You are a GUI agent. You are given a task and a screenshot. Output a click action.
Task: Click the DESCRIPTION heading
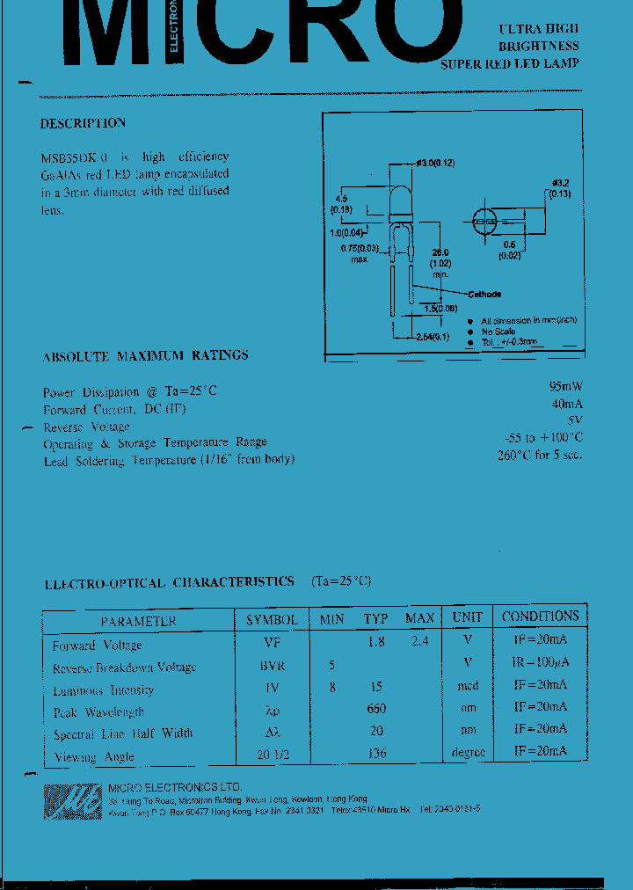point(84,123)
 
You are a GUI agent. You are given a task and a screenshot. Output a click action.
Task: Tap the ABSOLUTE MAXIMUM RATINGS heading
point(145,356)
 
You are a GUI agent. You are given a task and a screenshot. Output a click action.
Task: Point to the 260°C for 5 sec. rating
point(539,455)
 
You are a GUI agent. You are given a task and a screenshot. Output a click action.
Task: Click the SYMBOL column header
point(272,619)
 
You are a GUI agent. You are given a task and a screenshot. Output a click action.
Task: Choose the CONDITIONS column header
point(540,616)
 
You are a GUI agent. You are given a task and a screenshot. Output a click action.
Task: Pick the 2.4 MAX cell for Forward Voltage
point(419,642)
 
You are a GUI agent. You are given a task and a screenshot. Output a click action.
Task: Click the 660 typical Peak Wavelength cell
point(377,709)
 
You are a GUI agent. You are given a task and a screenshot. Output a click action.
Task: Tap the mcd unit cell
point(468,686)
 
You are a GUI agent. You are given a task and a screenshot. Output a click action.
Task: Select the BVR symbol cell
point(273,666)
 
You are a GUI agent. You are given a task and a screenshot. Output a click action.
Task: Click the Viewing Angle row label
point(94,756)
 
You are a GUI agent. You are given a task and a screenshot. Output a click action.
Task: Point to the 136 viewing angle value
point(377,753)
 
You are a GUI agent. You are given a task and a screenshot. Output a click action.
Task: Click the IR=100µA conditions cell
point(540,662)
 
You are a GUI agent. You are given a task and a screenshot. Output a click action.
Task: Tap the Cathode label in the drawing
point(484,294)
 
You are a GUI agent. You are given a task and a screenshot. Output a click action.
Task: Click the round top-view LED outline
point(486,221)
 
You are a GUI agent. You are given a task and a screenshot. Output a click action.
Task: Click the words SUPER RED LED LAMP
point(510,63)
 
